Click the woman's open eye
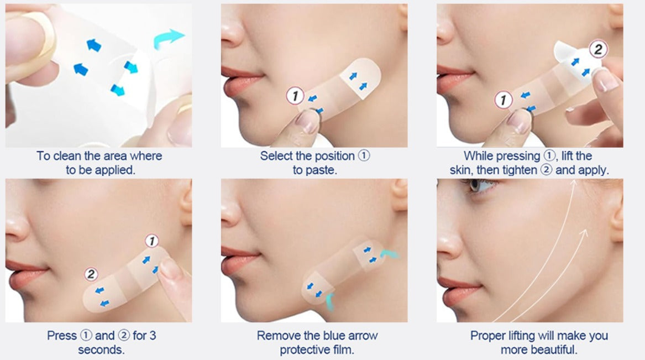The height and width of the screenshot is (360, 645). tap(481, 186)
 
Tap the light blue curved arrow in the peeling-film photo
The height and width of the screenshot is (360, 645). tap(168, 38)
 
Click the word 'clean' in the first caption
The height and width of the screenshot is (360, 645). tap(67, 156)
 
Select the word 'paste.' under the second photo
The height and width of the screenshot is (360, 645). tap(314, 170)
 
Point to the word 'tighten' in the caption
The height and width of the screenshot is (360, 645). tap(516, 170)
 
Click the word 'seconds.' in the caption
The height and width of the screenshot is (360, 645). tap(101, 349)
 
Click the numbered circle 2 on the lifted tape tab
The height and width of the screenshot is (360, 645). tap(598, 49)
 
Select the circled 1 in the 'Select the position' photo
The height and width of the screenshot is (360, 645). tap(295, 96)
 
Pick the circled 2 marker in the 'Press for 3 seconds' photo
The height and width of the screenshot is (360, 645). tap(91, 274)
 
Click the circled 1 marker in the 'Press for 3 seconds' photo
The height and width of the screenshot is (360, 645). tap(152, 241)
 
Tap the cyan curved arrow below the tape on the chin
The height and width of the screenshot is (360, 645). tap(329, 301)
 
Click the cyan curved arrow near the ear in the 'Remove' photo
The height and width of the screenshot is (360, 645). tap(389, 254)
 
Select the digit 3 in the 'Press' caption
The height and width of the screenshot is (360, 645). tap(153, 336)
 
